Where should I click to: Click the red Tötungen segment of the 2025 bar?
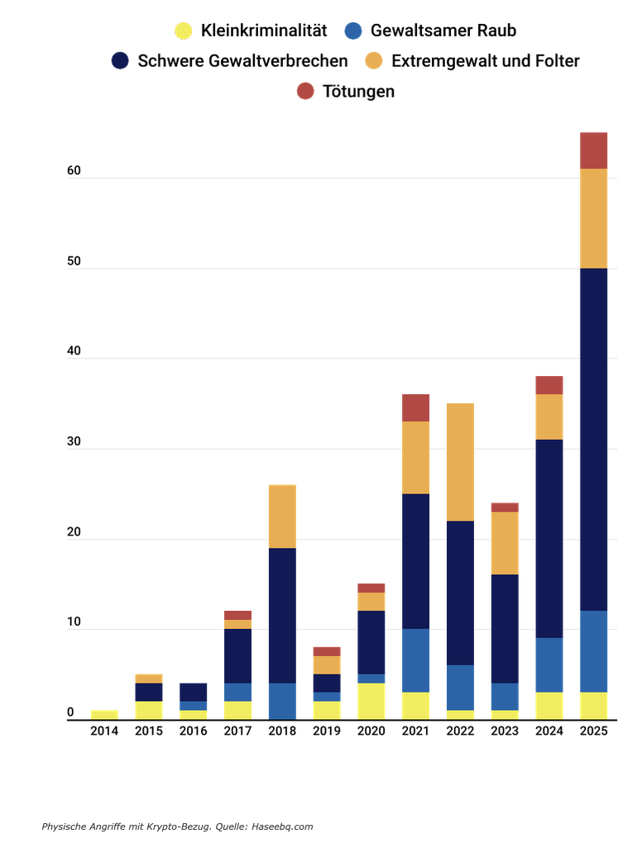click(x=593, y=150)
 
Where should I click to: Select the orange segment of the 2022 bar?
click(x=460, y=462)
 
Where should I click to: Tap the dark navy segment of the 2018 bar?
click(x=282, y=616)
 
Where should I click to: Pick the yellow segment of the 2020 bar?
click(x=371, y=702)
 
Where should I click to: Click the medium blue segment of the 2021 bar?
click(x=415, y=661)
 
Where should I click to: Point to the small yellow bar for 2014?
click(x=104, y=715)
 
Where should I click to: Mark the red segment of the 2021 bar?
click(x=415, y=408)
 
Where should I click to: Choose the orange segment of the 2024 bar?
click(x=549, y=417)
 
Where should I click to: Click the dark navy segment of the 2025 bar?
click(x=593, y=440)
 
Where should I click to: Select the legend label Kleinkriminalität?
click(x=264, y=31)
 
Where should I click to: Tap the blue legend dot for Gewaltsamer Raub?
click(x=353, y=31)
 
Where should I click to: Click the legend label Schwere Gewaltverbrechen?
click(x=242, y=61)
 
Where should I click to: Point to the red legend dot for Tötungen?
click(x=305, y=91)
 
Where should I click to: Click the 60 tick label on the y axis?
click(x=74, y=171)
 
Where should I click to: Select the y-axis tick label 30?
click(x=74, y=442)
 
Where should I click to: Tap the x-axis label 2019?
click(x=327, y=731)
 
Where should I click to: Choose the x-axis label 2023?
click(x=505, y=731)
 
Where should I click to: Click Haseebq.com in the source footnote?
click(x=281, y=826)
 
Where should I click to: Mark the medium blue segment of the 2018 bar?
click(x=282, y=702)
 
